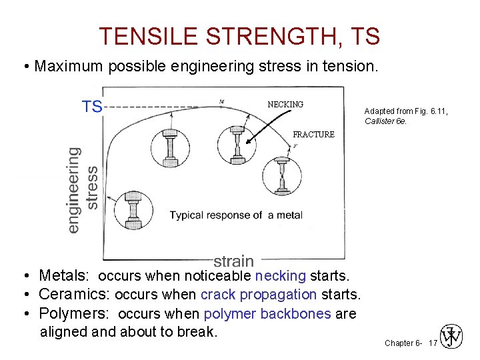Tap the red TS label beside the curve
coord(92,107)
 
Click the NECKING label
coord(285,105)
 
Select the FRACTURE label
coord(313,135)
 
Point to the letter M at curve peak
coord(221,102)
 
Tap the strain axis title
coord(233,261)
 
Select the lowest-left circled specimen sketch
coord(133,210)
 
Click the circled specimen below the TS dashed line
coord(171,147)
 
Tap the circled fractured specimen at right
coord(283,177)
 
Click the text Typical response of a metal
coord(236,215)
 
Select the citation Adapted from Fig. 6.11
coord(406,111)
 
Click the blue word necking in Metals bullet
coord(280,275)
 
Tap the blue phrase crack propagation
coord(259,294)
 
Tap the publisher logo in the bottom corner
coord(452,337)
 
